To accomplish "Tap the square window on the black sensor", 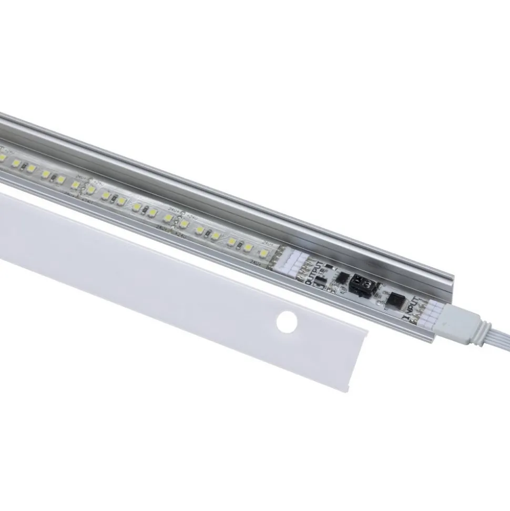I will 358,280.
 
